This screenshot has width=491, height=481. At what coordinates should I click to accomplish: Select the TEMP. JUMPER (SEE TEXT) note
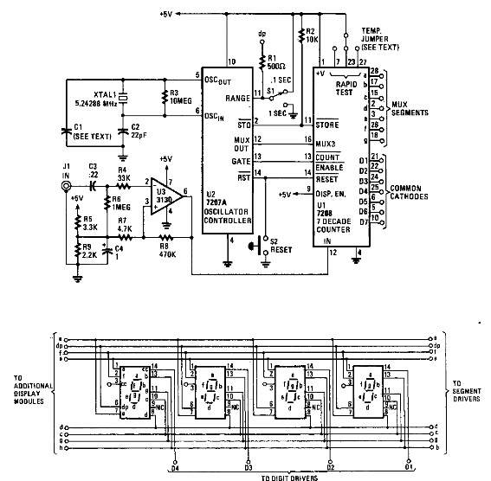click(x=378, y=39)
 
